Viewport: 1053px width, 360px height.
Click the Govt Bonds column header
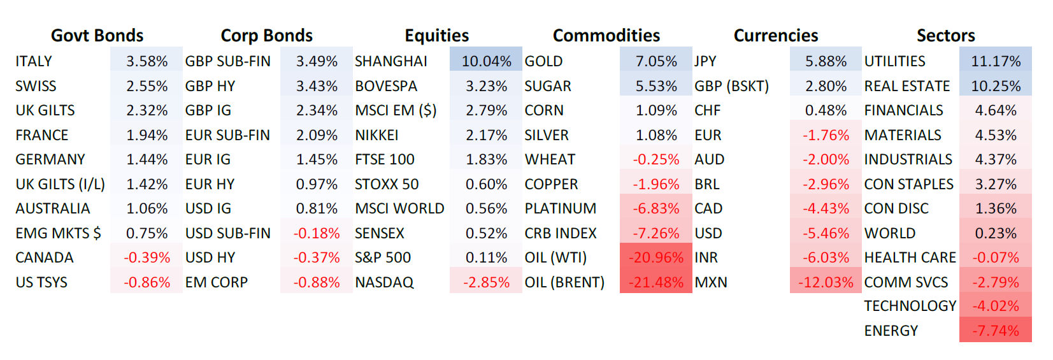click(97, 36)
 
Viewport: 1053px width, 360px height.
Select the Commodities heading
click(606, 36)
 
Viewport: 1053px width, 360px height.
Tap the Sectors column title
click(945, 36)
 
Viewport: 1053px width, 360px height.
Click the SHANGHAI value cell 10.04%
click(486, 61)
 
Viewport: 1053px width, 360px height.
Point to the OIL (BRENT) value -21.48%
click(655, 282)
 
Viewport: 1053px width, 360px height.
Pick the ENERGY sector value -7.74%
click(995, 331)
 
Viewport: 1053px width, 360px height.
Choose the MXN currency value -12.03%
click(826, 282)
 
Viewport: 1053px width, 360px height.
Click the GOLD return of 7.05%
click(656, 61)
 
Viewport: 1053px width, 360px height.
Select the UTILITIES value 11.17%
click(996, 61)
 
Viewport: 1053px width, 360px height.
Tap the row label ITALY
click(34, 61)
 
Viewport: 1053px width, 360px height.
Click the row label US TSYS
click(41, 282)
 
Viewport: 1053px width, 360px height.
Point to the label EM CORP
click(216, 282)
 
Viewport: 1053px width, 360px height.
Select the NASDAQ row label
click(384, 282)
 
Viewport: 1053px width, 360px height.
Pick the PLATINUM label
click(561, 208)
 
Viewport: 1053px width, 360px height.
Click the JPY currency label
click(705, 61)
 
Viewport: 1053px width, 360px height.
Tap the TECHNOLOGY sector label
click(910, 306)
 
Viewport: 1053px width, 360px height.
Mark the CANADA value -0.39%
click(147, 257)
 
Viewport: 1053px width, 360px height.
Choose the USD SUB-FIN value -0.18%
click(317, 233)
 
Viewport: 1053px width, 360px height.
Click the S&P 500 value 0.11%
click(486, 257)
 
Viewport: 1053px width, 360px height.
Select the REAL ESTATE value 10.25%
click(996, 86)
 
